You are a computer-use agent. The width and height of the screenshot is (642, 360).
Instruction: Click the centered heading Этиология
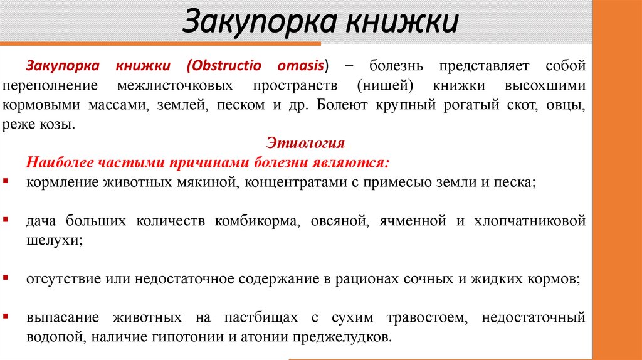point(306,143)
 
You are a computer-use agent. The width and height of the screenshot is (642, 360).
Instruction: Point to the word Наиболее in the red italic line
point(59,163)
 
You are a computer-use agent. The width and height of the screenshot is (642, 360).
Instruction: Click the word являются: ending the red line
point(358,163)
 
